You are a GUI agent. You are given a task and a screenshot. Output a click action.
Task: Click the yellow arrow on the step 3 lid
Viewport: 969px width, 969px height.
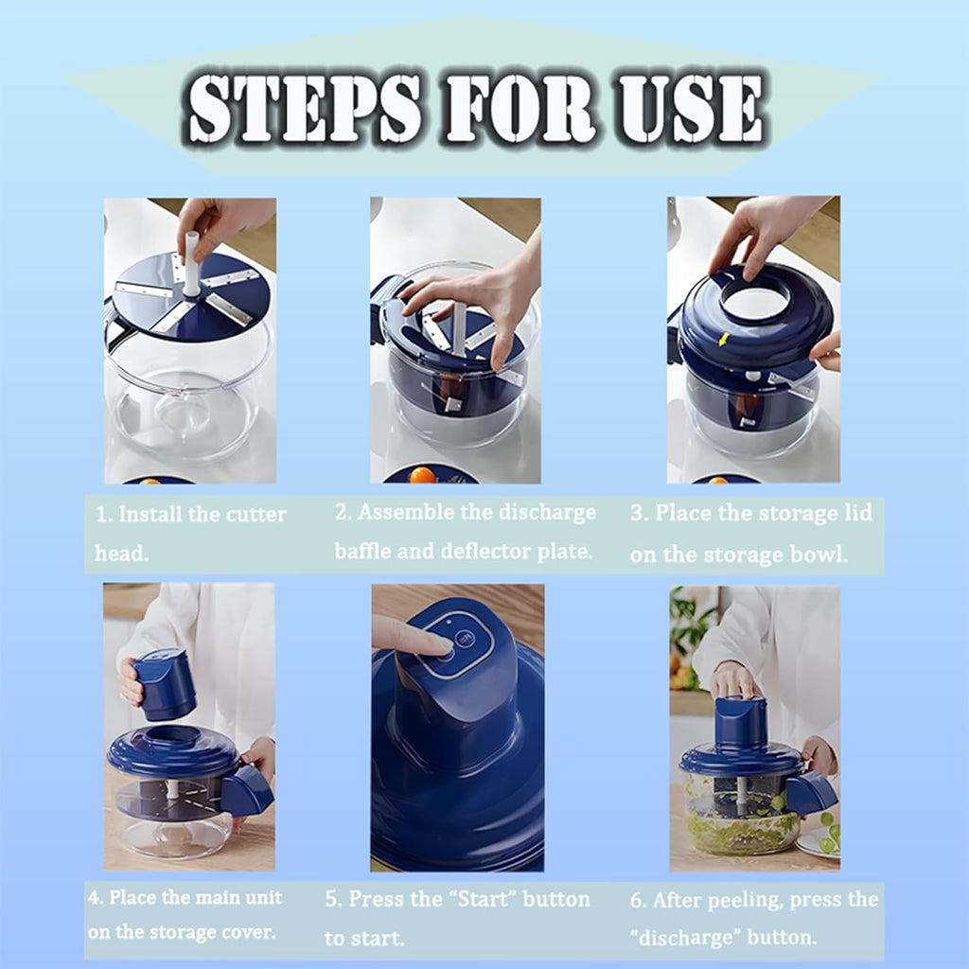(725, 339)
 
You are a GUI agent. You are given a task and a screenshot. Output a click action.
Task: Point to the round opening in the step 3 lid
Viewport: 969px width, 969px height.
(755, 302)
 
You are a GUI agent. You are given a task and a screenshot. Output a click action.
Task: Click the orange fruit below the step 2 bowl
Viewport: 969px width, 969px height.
(422, 475)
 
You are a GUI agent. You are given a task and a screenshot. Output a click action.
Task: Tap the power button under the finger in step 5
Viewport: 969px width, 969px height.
(464, 639)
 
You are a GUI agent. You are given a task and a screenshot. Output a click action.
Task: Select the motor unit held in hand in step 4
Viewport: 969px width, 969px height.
(164, 683)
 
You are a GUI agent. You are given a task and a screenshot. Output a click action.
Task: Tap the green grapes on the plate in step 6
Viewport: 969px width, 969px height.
(826, 833)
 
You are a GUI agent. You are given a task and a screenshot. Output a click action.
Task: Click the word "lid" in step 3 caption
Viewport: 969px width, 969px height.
(854, 513)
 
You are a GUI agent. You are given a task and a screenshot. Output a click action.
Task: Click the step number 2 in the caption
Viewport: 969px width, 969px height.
(342, 513)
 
